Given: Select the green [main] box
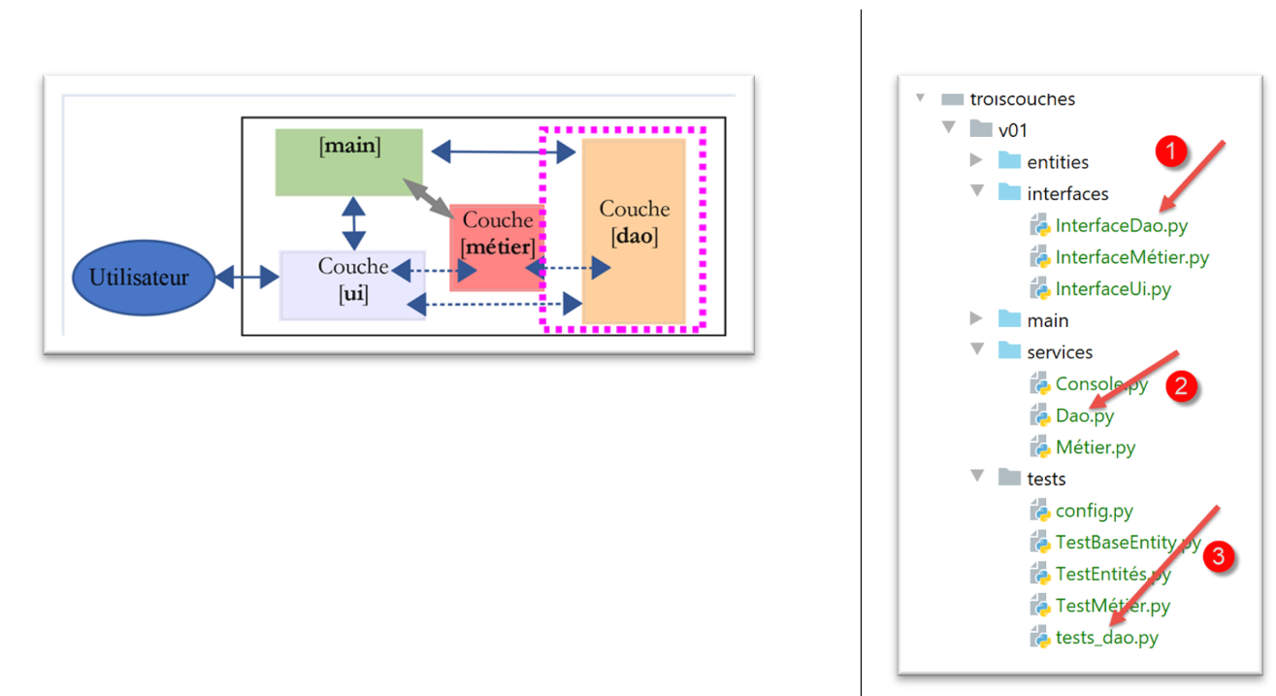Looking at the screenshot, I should pos(348,162).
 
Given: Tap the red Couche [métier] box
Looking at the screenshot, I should pos(497,247).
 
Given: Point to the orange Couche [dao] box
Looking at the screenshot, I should pos(634,231).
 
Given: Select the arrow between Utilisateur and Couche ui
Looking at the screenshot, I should pos(246,279).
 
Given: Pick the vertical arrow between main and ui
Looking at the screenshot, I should pos(353,223).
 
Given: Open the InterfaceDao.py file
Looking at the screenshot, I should pos(1121,225).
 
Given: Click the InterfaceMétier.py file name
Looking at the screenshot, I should pos(1131,257).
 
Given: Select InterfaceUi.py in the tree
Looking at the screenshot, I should pos(1113,288).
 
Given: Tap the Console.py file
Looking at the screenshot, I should pos(1100,383).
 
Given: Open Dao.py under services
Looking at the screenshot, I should pos(1084,415).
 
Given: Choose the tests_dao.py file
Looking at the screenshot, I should pos(1106,638).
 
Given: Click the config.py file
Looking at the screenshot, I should pos(1094,511).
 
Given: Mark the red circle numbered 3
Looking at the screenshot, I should pos(1219,557).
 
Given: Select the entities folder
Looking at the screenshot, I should pos(1057,162).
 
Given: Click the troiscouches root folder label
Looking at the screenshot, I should pos(1022,99).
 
